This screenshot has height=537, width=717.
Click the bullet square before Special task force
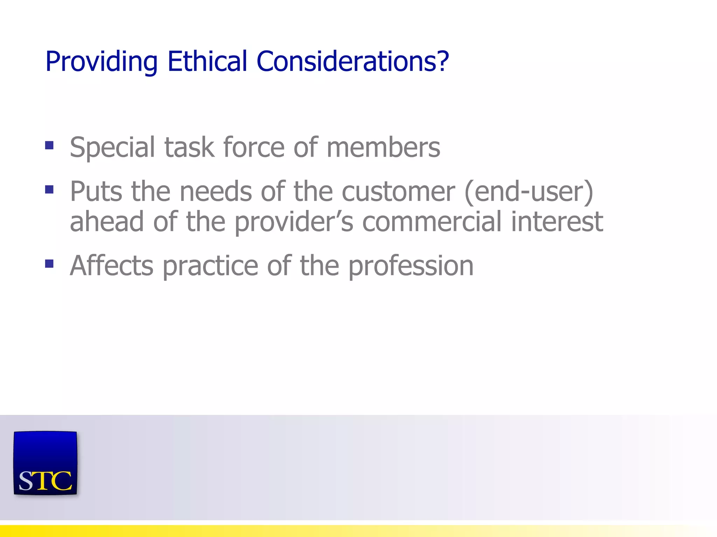(x=49, y=145)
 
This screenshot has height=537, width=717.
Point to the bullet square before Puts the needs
(x=49, y=189)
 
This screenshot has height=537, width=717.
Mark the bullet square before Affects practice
(x=49, y=264)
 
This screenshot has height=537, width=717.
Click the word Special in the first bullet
(x=112, y=148)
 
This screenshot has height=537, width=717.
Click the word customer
(x=398, y=192)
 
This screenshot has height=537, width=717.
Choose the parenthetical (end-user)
(x=529, y=192)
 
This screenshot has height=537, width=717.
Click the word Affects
(x=111, y=265)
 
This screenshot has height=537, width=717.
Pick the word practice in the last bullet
(x=210, y=266)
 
